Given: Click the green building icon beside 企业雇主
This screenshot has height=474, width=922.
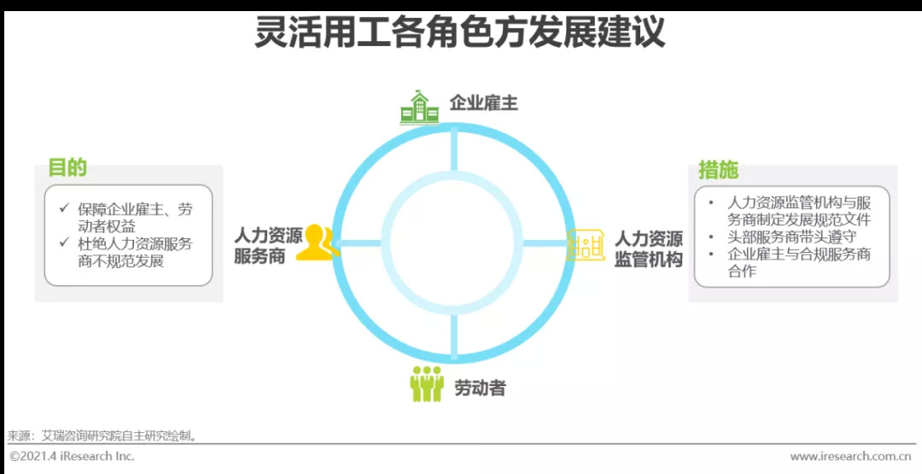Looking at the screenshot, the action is click(x=418, y=107).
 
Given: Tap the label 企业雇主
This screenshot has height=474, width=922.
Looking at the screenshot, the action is click(x=483, y=104).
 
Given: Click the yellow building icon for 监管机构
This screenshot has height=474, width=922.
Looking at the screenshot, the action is click(x=586, y=246).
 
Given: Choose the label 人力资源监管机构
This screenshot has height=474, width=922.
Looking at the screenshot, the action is click(x=649, y=249).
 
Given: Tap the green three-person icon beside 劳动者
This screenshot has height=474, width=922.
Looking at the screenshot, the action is click(x=426, y=384).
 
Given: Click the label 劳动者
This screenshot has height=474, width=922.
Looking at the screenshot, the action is click(x=480, y=388).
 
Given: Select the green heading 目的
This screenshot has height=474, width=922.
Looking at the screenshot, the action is click(x=67, y=167).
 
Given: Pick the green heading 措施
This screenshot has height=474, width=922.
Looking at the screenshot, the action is click(x=718, y=169).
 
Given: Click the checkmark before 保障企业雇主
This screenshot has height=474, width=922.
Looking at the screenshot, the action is click(x=64, y=208).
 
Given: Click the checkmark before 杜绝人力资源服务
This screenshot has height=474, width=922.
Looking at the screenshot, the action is click(x=64, y=243).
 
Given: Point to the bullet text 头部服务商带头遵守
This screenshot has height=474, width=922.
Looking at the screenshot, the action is click(x=791, y=237).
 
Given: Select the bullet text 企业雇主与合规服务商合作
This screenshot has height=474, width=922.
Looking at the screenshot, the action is click(x=798, y=263).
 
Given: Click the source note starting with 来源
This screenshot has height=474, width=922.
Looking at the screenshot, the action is click(x=103, y=436).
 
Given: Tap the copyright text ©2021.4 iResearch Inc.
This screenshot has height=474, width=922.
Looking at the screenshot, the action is click(x=72, y=457).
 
